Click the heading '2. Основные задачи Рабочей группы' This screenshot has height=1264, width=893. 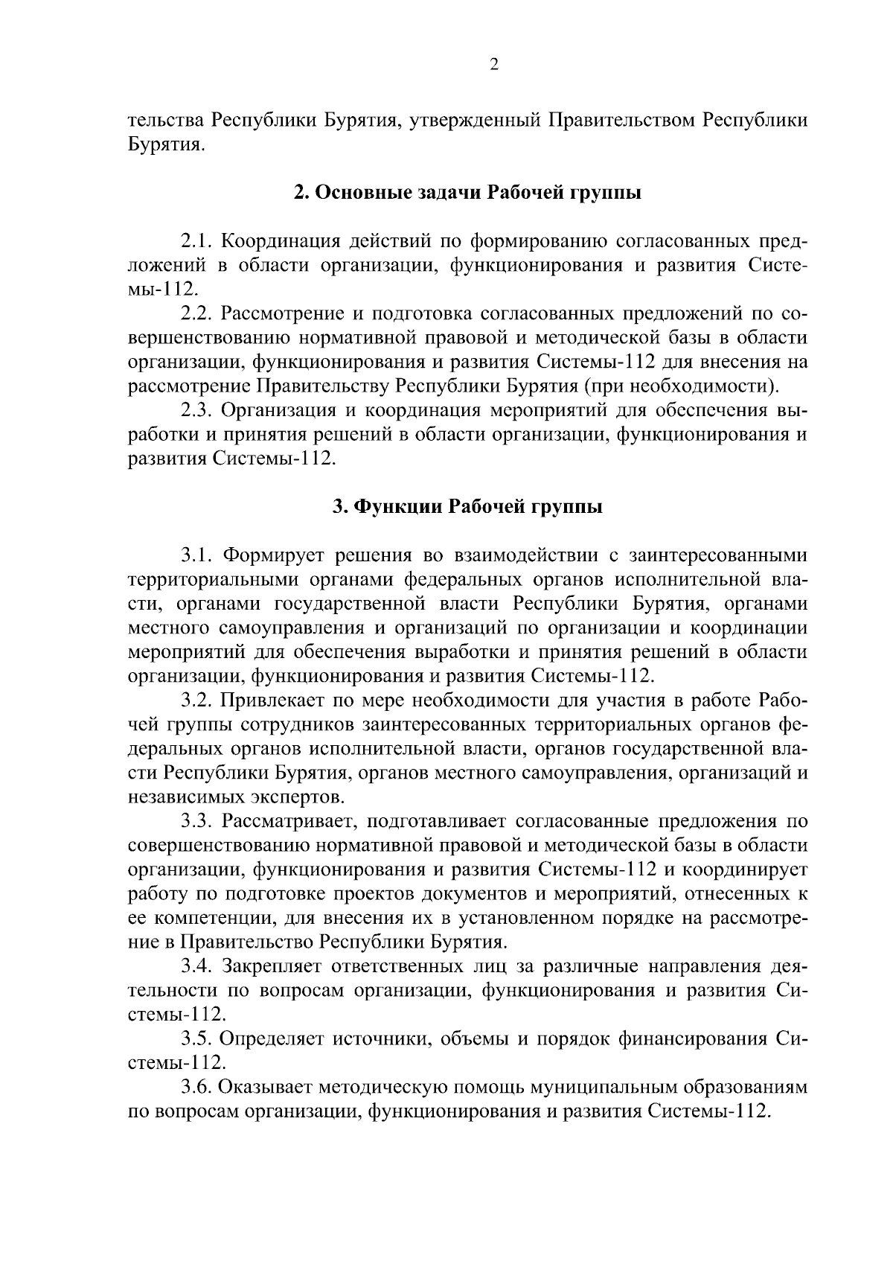[467, 194]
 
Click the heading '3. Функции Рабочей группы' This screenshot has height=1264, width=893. [467, 507]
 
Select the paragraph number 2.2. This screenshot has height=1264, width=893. [197, 314]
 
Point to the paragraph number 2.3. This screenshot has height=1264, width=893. [197, 410]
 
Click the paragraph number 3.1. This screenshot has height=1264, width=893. [197, 555]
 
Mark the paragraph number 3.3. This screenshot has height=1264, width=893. [197, 822]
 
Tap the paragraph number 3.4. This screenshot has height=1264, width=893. [197, 967]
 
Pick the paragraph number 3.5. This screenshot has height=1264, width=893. [197, 1039]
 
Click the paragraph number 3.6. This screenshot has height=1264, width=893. [197, 1088]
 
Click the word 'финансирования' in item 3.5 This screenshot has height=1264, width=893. [694, 1039]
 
